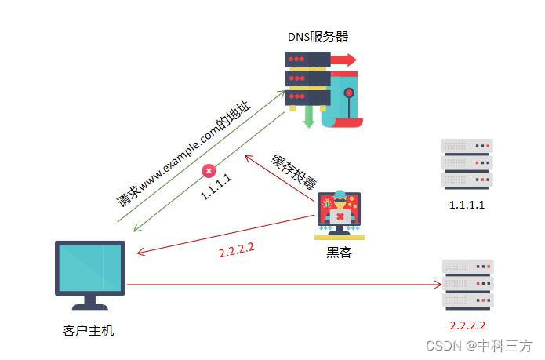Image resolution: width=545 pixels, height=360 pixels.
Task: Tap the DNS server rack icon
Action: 307,79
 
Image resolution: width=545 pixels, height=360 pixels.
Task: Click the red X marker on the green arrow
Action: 209,170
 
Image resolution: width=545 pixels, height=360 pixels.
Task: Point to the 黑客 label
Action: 339,253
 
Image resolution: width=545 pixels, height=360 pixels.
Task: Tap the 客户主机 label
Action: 88,330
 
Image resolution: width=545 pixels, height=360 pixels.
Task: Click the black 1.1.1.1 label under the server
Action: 467,205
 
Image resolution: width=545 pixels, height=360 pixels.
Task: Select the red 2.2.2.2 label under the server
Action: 467,325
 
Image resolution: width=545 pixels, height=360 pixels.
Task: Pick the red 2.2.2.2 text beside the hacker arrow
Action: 236,252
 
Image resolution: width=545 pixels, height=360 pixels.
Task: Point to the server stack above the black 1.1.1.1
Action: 467,164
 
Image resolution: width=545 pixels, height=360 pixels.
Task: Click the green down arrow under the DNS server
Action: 308,117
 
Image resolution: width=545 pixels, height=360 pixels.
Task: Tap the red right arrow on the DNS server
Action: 343,60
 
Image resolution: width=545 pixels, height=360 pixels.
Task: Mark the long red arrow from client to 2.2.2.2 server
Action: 282,285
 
